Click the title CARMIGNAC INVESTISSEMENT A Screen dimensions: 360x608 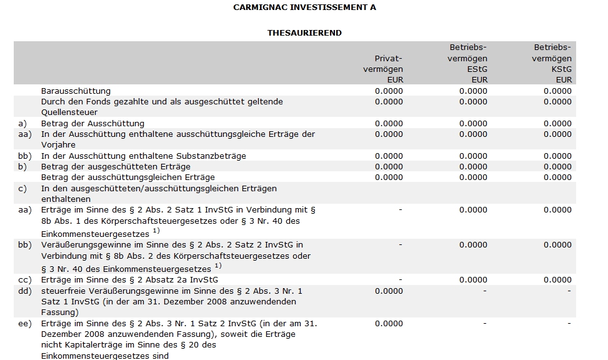pos(304,7)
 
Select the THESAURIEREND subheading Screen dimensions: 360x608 pos(304,32)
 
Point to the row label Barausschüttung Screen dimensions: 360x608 pos(76,91)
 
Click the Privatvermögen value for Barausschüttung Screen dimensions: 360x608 pos(389,91)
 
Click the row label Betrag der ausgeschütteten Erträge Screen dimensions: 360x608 pos(116,166)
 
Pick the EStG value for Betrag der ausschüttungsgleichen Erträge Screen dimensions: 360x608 pos(473,177)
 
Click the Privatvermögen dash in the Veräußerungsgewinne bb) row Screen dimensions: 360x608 pos(401,245)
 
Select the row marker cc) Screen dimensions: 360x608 pos(25,280)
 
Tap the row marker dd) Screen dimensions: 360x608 pos(25,291)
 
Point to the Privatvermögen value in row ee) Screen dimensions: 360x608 pos(389,323)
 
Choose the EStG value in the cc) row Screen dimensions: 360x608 pos(473,280)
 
